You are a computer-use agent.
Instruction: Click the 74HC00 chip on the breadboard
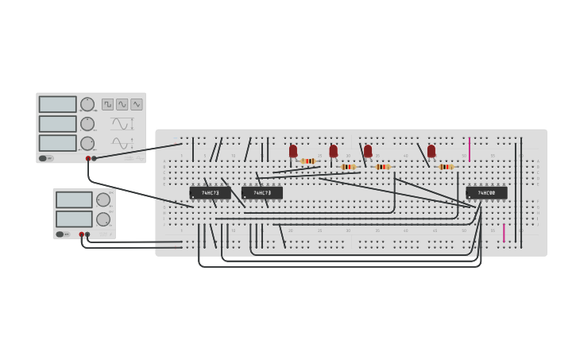[486, 192]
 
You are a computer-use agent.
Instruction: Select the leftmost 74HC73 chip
[210, 192]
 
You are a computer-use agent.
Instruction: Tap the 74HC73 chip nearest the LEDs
[262, 192]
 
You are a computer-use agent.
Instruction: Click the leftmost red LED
[293, 150]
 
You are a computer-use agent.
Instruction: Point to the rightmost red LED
[431, 150]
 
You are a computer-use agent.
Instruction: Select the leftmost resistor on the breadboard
[308, 161]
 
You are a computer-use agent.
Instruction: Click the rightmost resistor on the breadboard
[446, 167]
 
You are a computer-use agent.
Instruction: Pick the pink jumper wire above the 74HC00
[470, 148]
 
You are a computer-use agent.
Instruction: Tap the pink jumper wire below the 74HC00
[504, 232]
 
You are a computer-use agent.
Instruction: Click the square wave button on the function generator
[107, 104]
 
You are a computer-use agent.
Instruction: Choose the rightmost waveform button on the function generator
[137, 104]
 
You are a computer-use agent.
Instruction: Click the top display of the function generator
[58, 104]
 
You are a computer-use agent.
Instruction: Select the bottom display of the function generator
[58, 143]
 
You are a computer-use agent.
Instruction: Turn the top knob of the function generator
[87, 104]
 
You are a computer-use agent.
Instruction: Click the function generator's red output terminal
[88, 158]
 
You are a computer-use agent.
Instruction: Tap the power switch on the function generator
[47, 158]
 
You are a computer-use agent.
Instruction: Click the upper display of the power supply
[74, 199]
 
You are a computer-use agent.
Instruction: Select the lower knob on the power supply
[103, 219]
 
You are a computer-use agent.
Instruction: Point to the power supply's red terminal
[81, 234]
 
